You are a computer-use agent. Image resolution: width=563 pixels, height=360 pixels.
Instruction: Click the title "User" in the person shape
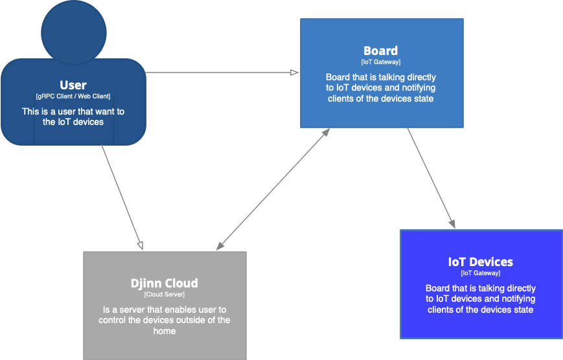point(73,85)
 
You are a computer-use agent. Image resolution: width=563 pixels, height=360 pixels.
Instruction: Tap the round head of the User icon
point(73,31)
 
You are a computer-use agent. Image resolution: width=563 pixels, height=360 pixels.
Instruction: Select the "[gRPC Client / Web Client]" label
point(73,96)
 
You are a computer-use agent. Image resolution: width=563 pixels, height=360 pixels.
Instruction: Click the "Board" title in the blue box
point(381,51)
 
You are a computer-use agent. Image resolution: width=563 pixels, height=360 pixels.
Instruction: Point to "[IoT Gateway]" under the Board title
point(381,62)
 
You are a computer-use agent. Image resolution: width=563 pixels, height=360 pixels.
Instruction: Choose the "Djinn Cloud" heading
point(165,283)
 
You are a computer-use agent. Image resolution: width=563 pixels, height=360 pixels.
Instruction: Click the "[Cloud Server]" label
point(165,295)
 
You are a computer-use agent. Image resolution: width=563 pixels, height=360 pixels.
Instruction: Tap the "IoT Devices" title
point(481,262)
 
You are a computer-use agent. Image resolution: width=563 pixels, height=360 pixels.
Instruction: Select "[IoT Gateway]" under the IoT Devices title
point(481,273)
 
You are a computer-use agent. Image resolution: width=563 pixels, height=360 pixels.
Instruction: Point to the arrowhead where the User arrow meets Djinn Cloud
point(139,246)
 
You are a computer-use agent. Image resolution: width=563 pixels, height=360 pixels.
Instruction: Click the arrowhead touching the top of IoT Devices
point(452,224)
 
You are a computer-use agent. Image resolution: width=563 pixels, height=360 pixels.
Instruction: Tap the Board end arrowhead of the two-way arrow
point(327,131)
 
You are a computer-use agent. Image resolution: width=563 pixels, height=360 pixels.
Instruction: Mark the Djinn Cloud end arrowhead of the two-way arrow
point(220,246)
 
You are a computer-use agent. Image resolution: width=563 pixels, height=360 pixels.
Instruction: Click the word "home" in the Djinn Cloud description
point(165,331)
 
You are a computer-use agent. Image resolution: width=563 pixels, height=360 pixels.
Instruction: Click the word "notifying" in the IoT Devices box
point(516,299)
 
